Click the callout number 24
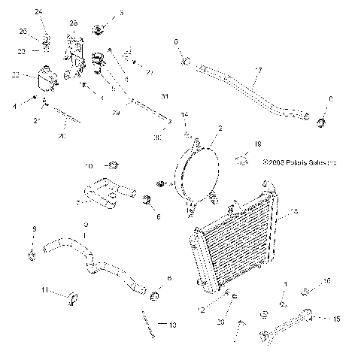tap(39, 10)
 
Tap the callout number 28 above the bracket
tap(73, 24)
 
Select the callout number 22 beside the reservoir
tap(14, 74)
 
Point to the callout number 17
tap(258, 71)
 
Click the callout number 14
tap(185, 115)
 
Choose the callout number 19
tap(257, 143)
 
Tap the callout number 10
tap(87, 165)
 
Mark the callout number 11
tap(44, 290)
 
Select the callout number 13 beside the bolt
tap(172, 325)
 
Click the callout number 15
tap(336, 319)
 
